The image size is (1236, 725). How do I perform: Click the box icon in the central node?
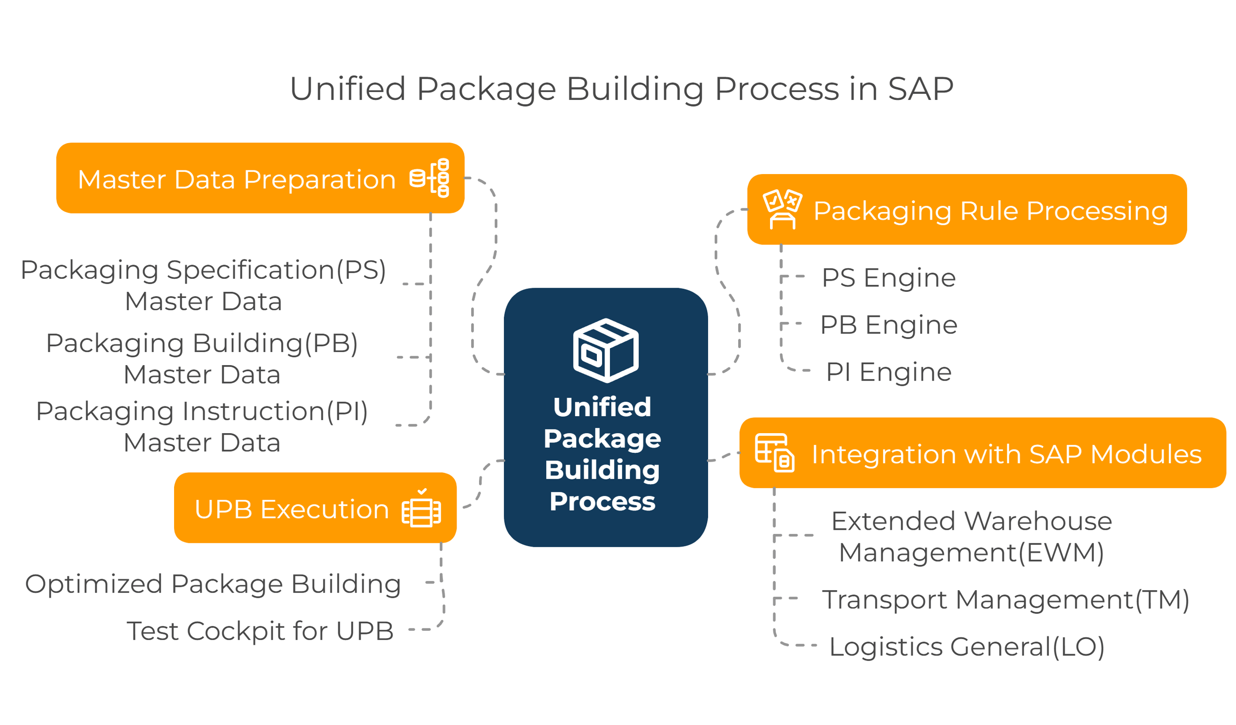coord(606,350)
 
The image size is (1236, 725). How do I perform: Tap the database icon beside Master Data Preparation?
coord(430,178)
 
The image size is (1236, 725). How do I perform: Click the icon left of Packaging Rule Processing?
coord(782,209)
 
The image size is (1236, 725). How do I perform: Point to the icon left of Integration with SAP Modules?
coord(774,453)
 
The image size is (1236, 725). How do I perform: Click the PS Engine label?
coord(889,278)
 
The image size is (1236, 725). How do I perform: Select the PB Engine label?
coord(889,325)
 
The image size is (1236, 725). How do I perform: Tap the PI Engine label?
coord(889,372)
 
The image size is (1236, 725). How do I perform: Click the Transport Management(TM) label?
coord(1006,599)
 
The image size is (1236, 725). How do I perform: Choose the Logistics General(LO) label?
coord(967,647)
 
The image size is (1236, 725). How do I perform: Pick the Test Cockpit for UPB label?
coord(260,631)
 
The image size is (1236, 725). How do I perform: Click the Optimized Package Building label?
coord(213,584)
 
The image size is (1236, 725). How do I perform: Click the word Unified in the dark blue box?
coord(603,407)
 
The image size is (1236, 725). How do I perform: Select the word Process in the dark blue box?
coord(603,501)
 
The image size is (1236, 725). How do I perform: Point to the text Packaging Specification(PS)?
coord(203,270)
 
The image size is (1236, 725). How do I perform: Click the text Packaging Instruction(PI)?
coord(202,411)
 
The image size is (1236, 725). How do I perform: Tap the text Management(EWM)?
coord(971,552)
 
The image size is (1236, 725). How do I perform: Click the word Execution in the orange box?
coord(325,509)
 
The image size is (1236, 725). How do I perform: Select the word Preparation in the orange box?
coord(320,180)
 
